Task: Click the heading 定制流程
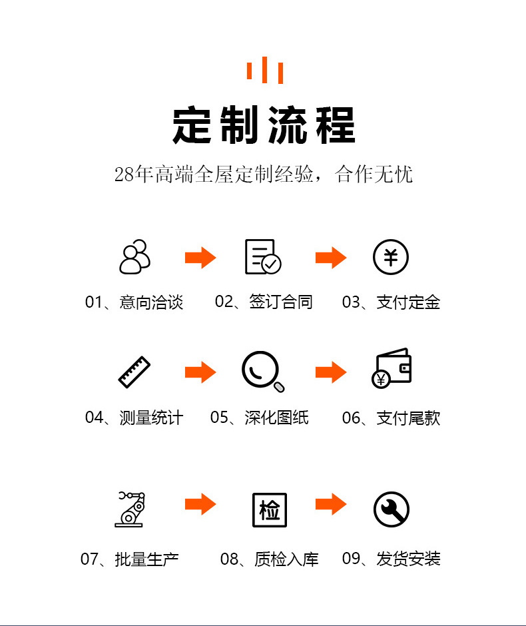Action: [x=264, y=125]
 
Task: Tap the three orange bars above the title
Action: [x=265, y=71]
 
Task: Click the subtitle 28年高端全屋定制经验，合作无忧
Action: [x=264, y=174]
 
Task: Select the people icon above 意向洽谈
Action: [x=135, y=256]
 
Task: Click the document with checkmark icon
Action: [x=263, y=256]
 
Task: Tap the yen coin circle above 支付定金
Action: [x=391, y=256]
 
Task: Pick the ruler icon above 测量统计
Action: [x=134, y=372]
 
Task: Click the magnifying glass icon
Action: [x=263, y=372]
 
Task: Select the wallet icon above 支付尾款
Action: [x=392, y=368]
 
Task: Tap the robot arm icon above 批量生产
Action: [x=130, y=509]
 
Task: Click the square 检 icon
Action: [x=270, y=510]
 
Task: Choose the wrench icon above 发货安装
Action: [x=392, y=509]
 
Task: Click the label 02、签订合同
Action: [x=264, y=302]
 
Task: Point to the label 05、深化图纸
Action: [x=260, y=418]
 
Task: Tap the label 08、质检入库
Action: [x=270, y=559]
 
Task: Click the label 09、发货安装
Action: [x=391, y=559]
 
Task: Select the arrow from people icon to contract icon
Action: [x=200, y=258]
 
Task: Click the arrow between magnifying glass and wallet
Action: [x=331, y=372]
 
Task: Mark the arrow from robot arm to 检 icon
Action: [x=200, y=504]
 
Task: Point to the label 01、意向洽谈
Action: [x=134, y=302]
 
